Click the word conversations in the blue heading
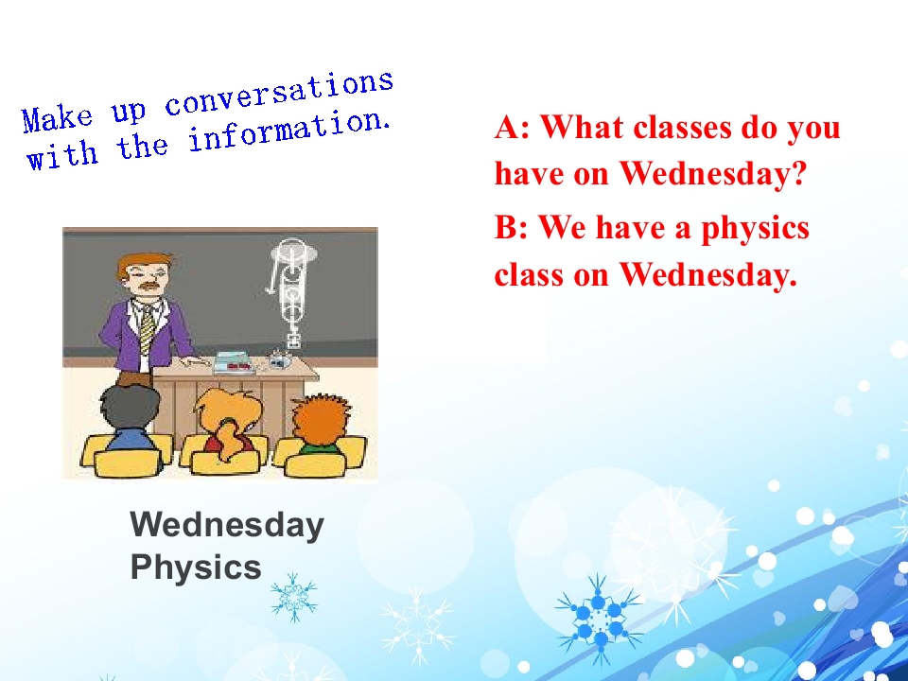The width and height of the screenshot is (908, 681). pos(279,95)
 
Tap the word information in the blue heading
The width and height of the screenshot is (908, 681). pos(287,132)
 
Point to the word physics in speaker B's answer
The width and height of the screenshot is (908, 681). pos(755,229)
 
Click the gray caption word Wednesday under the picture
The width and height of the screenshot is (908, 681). pos(227,525)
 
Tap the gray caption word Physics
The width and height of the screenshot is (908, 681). pos(196,567)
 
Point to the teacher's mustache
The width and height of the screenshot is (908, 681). pos(150,286)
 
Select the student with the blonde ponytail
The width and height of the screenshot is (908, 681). pos(227,423)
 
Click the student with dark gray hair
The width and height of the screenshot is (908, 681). pos(128,417)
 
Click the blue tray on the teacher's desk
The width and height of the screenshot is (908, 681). pos(235,364)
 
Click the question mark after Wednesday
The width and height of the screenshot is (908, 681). pos(798,172)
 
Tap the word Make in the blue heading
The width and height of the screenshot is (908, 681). pos(57,118)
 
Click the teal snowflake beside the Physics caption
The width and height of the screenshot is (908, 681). pos(294,597)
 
